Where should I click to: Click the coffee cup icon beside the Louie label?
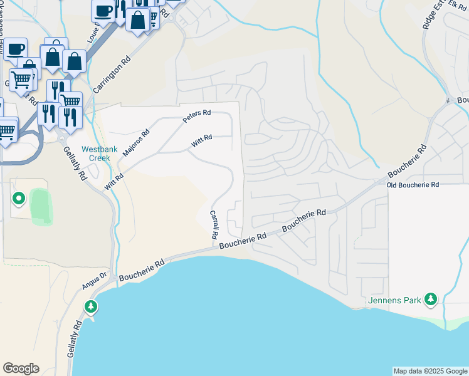click(103, 9)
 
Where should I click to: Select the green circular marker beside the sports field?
click(19, 199)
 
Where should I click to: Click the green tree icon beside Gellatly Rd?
click(92, 306)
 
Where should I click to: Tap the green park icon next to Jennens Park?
click(430, 300)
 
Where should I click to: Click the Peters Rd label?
click(198, 116)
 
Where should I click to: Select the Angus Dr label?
click(95, 280)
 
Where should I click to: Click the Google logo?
click(21, 368)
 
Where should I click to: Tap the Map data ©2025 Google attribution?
click(430, 371)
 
